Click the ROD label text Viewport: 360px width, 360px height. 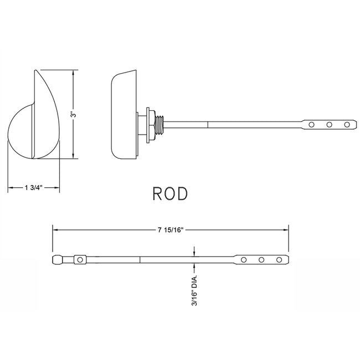(170, 193)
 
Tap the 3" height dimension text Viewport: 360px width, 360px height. (73, 114)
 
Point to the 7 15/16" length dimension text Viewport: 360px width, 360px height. (171, 228)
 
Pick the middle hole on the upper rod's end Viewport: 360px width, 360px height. (329, 125)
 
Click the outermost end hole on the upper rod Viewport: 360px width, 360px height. (347, 125)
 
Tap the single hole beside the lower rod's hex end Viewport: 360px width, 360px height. (80, 259)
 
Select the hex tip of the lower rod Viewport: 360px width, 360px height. (58, 259)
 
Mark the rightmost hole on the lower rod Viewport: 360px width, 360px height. (279, 259)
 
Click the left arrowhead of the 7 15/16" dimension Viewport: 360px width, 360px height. (55, 228)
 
